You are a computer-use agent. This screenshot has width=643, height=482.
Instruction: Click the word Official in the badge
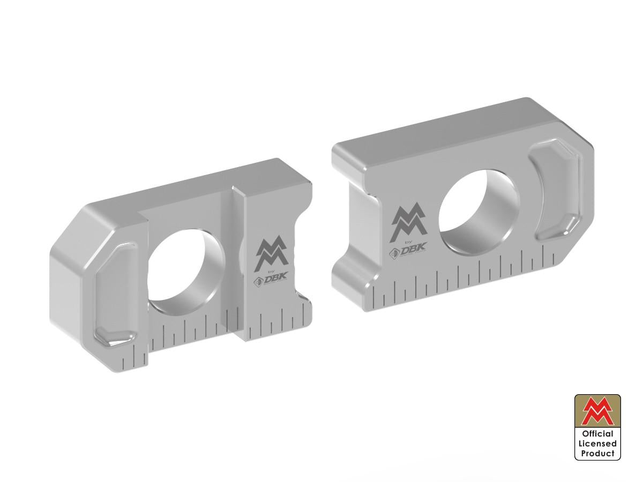coord(598,434)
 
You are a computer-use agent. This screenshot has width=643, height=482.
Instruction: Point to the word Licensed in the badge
coord(598,443)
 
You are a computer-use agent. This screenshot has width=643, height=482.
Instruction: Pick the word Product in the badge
coord(598,453)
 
